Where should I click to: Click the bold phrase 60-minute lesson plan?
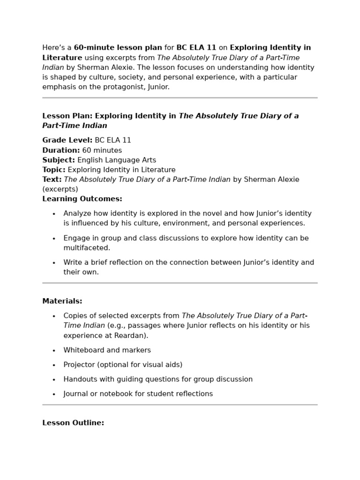pos(118,48)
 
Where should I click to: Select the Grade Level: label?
pos(67,140)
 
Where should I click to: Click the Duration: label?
pos(61,150)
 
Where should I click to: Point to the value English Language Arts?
pos(117,160)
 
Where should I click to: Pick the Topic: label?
pos(54,170)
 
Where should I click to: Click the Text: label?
pos(52,180)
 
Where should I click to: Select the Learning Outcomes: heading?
pos(82,199)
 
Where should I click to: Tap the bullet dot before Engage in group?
pos(54,239)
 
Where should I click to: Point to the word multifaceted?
pos(87,248)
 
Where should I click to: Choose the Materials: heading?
pos(62,301)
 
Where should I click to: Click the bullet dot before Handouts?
pos(54,380)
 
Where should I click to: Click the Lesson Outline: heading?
pos(73,423)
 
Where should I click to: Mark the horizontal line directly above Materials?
pos(180,283)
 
